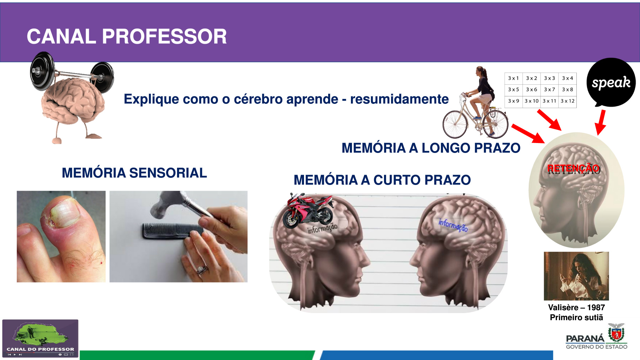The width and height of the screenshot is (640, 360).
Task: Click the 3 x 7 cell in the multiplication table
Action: click(549, 90)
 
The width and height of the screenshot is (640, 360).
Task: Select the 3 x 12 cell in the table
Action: click(567, 101)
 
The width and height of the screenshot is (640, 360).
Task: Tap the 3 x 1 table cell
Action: click(513, 78)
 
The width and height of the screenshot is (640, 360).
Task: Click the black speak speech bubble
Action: click(611, 83)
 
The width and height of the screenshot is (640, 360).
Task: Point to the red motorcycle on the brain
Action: click(308, 211)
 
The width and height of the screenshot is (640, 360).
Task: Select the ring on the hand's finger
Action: click(202, 270)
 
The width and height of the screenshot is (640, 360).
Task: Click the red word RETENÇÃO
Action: click(573, 168)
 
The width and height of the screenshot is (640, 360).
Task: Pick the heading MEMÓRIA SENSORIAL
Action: click(134, 173)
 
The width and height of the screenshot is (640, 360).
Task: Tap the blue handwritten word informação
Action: click(453, 225)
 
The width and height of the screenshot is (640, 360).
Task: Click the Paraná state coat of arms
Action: click(616, 333)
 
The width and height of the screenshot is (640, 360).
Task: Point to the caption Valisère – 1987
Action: click(576, 307)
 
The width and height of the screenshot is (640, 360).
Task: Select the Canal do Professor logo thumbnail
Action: click(40, 338)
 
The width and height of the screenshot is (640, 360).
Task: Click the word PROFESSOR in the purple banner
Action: click(164, 36)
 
